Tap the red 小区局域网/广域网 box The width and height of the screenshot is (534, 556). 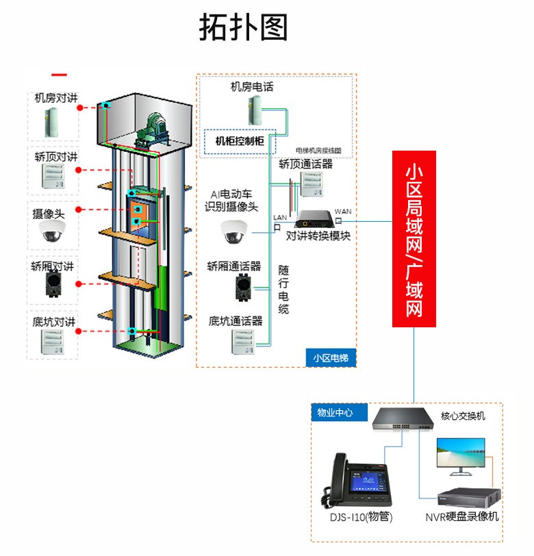click(x=415, y=238)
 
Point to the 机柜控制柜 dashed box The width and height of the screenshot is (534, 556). click(x=240, y=142)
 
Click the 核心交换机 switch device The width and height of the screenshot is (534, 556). click(x=403, y=418)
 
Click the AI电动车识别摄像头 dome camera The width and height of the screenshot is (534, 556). click(x=235, y=232)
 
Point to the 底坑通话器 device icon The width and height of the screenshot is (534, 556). click(x=243, y=340)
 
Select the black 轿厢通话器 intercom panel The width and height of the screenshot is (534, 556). click(x=242, y=288)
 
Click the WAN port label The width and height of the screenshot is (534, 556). click(x=343, y=212)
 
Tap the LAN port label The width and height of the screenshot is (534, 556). click(x=280, y=218)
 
